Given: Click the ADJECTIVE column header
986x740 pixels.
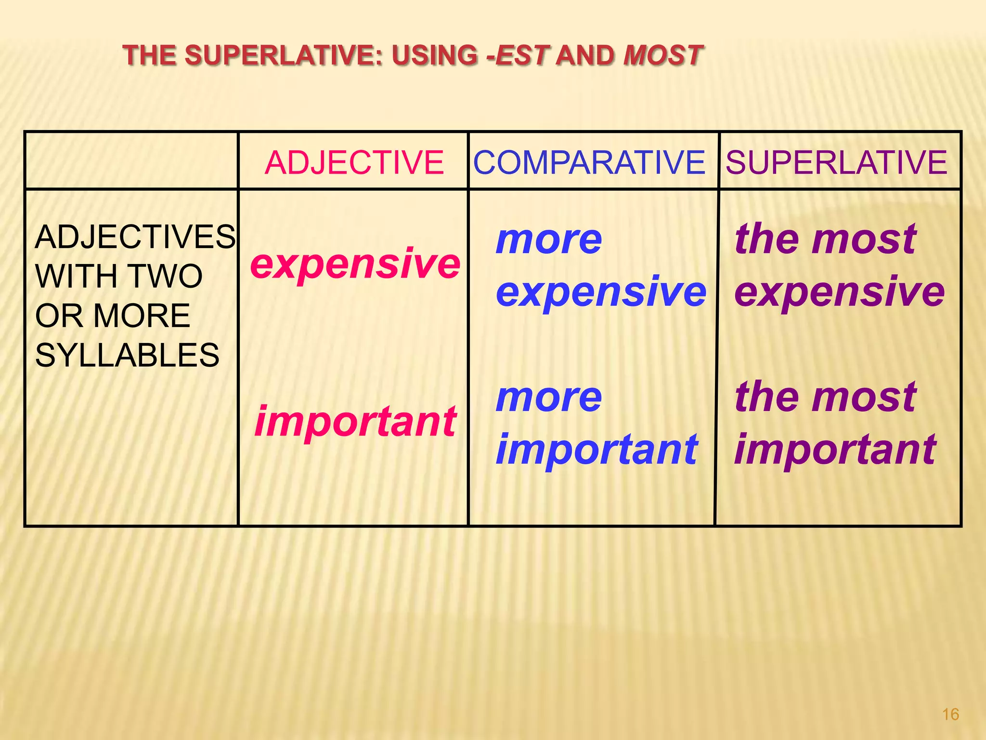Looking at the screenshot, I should point(354,162).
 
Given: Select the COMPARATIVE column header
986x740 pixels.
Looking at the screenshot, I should point(589,162).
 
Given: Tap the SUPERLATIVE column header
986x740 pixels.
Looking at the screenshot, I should point(837,162).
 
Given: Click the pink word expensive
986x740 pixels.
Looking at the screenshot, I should point(355,264).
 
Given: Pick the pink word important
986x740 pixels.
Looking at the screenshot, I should point(355,422).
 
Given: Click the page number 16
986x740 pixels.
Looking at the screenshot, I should point(950,714).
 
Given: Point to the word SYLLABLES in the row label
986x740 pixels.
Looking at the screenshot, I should point(127,355).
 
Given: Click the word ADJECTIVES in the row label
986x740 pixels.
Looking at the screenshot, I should point(135,237).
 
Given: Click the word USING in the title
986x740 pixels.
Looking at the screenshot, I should point(435,55).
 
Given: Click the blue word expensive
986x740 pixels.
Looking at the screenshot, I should point(601,292).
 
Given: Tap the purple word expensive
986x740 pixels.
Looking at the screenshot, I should point(840,292).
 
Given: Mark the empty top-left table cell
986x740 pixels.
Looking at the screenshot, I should point(131,160).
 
